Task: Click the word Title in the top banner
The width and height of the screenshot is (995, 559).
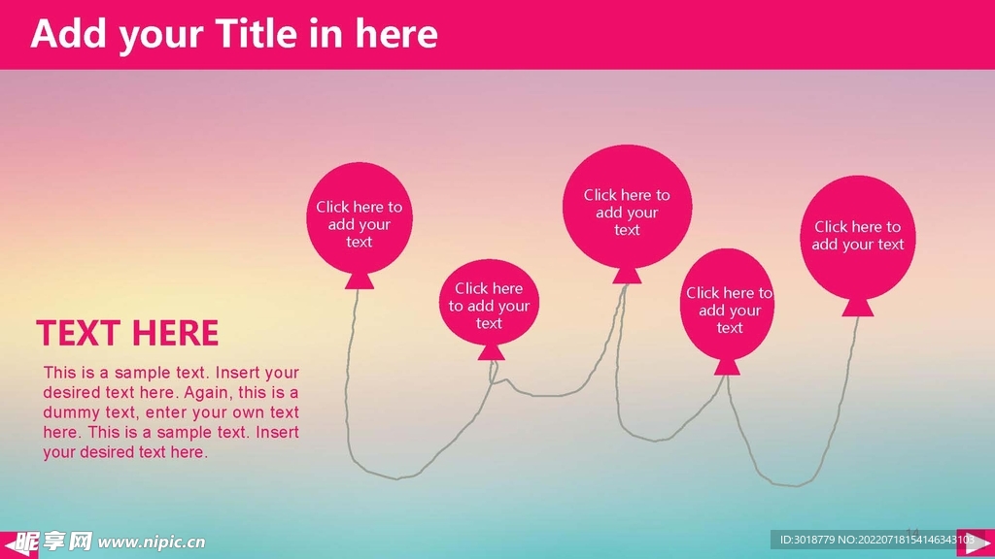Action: tap(256, 34)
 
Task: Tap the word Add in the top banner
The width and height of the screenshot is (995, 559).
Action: tap(69, 34)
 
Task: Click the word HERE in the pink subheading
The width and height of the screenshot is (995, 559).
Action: tap(176, 333)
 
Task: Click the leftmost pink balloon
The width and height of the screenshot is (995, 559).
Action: tap(360, 218)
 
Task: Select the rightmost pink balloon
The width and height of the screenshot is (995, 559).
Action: tap(857, 237)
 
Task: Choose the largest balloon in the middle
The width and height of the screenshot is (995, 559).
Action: tap(627, 207)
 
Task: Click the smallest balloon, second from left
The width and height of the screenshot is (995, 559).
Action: tap(489, 303)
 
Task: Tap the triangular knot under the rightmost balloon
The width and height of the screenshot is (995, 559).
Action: tap(857, 308)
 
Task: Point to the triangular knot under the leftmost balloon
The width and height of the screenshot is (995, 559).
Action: tap(360, 280)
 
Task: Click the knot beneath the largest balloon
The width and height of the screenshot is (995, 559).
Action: tap(627, 275)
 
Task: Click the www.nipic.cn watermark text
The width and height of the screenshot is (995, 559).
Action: tap(151, 543)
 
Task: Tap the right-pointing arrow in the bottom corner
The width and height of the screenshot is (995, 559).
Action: tap(976, 543)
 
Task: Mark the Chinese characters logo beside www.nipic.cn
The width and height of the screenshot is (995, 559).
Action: tap(54, 542)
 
